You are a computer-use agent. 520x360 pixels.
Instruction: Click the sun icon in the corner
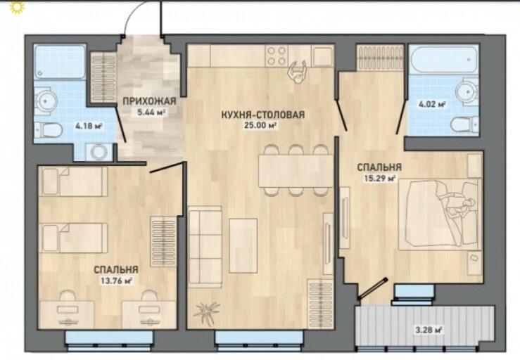pos(15,7)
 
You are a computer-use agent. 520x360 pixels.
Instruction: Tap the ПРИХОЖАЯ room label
pos(149,101)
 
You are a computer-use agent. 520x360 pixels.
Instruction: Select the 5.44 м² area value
pos(151,112)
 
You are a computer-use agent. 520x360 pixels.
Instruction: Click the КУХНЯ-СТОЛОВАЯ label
pos(262,115)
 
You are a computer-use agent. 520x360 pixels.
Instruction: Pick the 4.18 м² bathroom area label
pos(89,126)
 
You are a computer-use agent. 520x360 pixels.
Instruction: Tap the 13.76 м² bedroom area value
pos(116,281)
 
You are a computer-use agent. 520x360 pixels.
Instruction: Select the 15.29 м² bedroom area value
pos(380,179)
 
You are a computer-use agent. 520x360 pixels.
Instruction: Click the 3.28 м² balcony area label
pos(429,330)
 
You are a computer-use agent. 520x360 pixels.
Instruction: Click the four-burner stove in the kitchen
pos(277,56)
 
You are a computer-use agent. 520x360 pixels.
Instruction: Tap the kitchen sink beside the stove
pos(322,56)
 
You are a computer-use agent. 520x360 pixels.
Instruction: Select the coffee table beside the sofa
pos(243,245)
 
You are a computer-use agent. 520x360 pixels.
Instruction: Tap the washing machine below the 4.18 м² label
pos(99,152)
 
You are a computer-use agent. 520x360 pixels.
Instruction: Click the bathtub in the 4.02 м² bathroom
pos(444,59)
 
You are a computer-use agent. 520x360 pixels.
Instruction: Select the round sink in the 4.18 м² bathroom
pos(46,101)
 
